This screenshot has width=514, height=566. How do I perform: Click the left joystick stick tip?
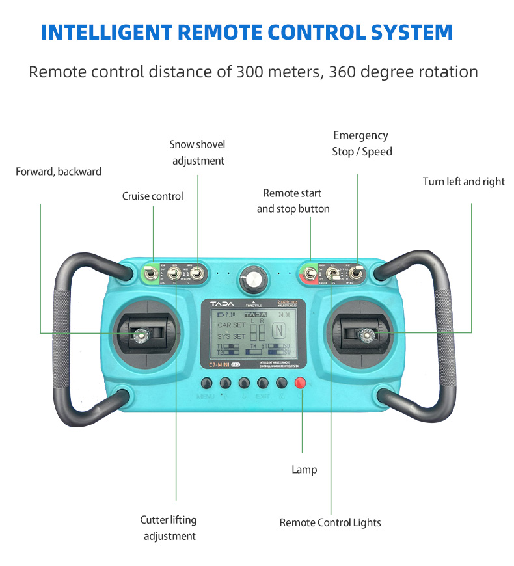141,334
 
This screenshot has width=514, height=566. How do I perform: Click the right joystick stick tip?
366,334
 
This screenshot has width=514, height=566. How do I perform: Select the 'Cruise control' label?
153,196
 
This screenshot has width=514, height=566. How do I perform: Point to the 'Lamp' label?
304,469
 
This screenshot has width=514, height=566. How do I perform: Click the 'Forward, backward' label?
59,172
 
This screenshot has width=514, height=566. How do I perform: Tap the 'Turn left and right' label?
463,182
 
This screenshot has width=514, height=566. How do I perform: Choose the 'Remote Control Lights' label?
330,522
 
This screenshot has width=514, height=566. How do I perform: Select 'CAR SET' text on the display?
232,325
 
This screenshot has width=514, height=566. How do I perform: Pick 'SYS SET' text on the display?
232,336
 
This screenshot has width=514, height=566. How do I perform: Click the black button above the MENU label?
207,383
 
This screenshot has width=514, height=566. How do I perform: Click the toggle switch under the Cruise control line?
151,275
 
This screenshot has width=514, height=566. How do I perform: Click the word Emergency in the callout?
360,135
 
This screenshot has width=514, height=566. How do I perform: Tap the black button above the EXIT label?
264,383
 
